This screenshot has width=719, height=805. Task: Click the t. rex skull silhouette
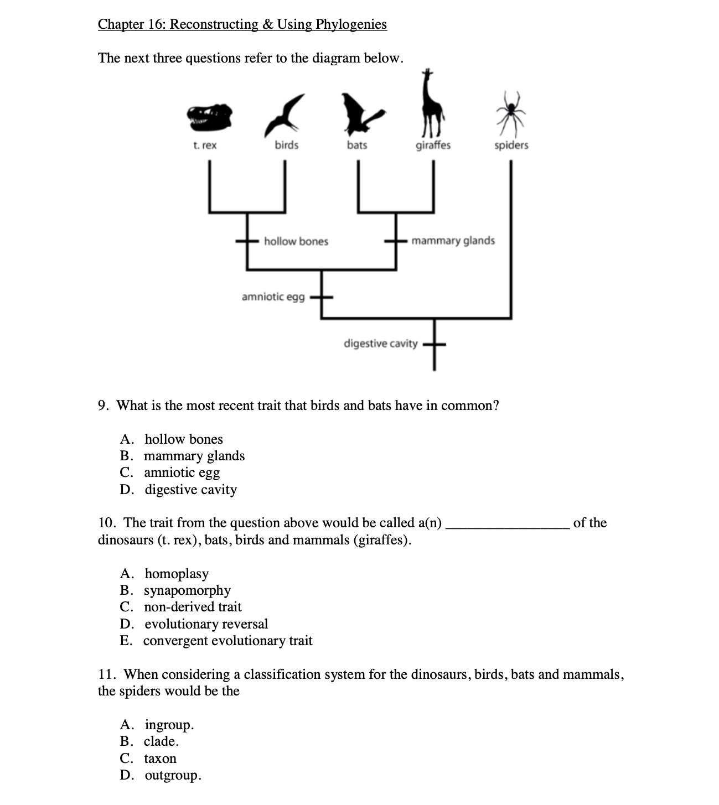(x=209, y=117)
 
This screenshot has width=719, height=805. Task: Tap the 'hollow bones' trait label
(x=296, y=241)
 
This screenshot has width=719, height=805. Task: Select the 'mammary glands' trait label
(x=453, y=241)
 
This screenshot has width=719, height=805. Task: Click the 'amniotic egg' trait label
(x=273, y=297)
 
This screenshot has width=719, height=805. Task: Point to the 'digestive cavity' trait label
(x=380, y=344)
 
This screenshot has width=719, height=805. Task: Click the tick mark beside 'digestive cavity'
(x=434, y=344)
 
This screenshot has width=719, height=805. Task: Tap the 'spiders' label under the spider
(x=511, y=145)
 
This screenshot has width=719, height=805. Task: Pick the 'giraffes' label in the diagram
(x=433, y=145)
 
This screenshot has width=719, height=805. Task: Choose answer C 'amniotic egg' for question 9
(x=182, y=472)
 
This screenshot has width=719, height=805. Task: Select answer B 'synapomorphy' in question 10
(x=187, y=590)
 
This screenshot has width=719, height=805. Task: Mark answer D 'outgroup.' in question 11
(x=173, y=775)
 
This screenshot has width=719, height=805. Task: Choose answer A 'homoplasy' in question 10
(x=177, y=574)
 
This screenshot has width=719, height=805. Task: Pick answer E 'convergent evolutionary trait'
(x=227, y=641)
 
